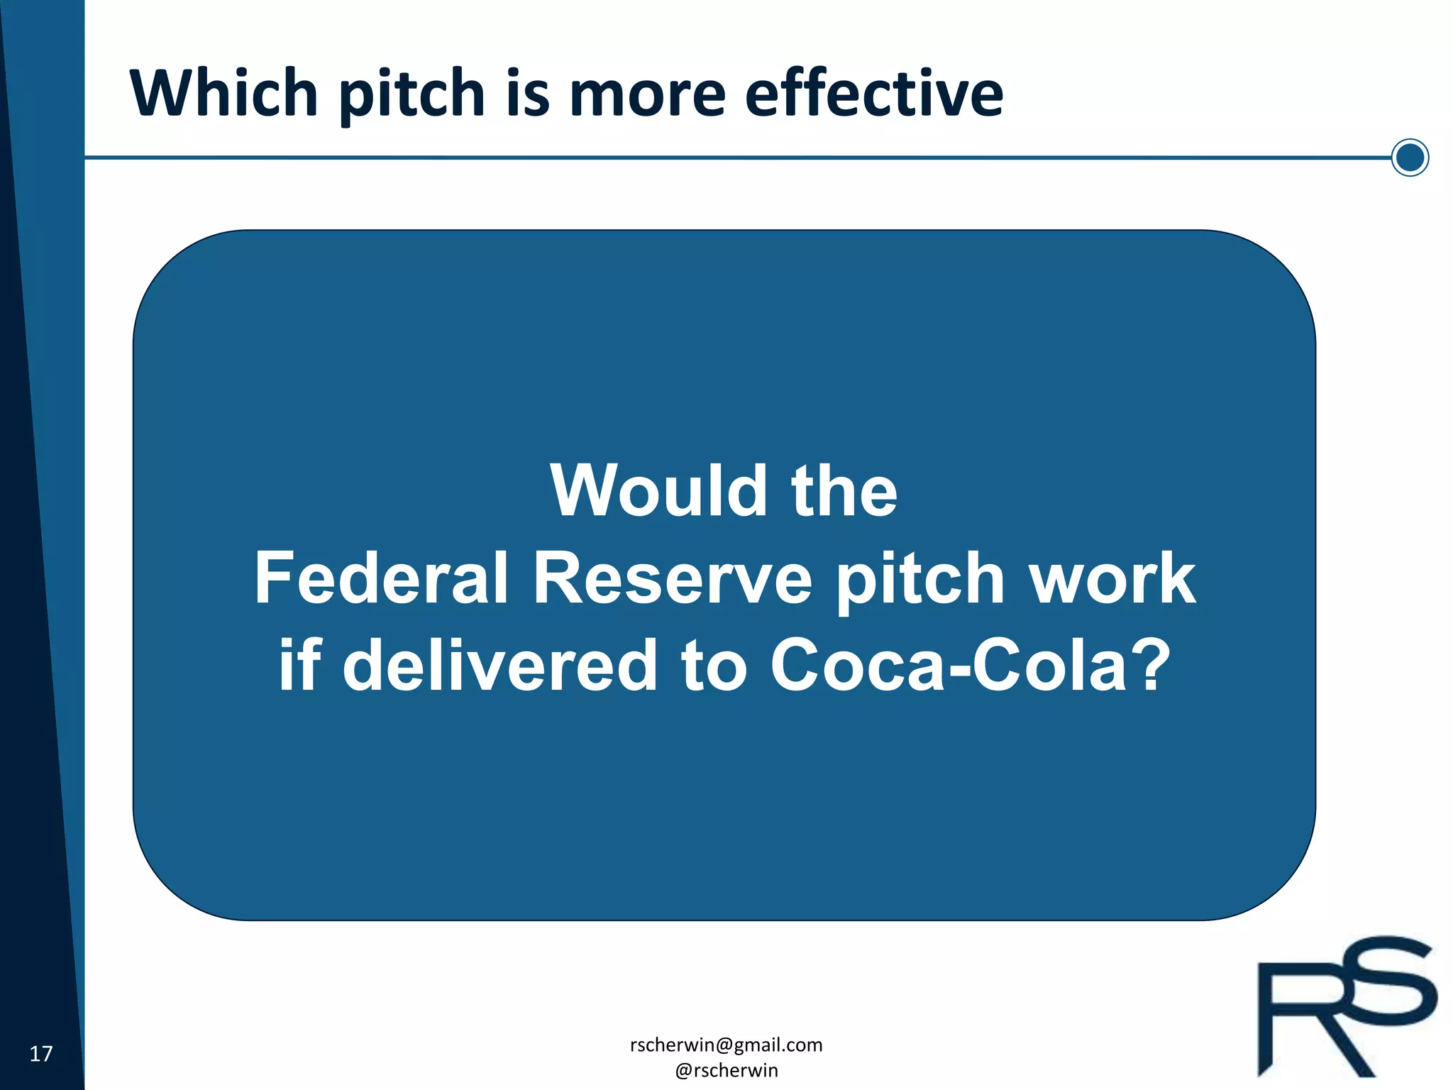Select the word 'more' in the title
pyautogui.click(x=647, y=94)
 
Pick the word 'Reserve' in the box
pyautogui.click(x=672, y=578)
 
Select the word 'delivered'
pyautogui.click(x=500, y=664)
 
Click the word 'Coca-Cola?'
pyautogui.click(x=971, y=664)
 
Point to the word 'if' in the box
pyautogui.click(x=299, y=664)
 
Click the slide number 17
pyautogui.click(x=41, y=1054)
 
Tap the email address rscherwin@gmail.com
pyautogui.click(x=726, y=1045)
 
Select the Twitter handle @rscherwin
pyautogui.click(x=726, y=1070)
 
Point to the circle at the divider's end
pyautogui.click(x=1410, y=158)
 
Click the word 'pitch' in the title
pyautogui.click(x=411, y=94)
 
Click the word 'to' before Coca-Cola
pyautogui.click(x=714, y=664)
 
